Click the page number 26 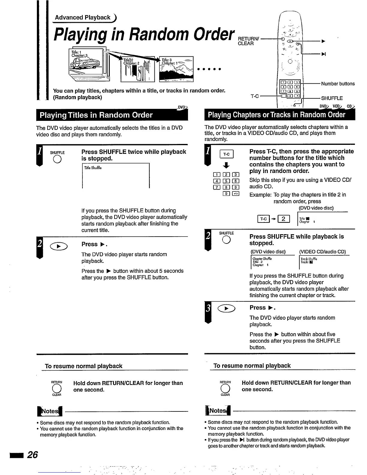point(32,455)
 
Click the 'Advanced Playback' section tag point(83,17)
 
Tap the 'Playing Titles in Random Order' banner point(96,115)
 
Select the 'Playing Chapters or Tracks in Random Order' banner point(276,115)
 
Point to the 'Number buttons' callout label point(338,84)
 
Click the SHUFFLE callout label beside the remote point(332,98)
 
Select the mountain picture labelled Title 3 point(177,69)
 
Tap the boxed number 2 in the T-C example point(284,219)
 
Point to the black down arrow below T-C point(227,165)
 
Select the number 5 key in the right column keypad point(227,181)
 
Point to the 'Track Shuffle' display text point(309,259)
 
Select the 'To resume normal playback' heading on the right point(252,366)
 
